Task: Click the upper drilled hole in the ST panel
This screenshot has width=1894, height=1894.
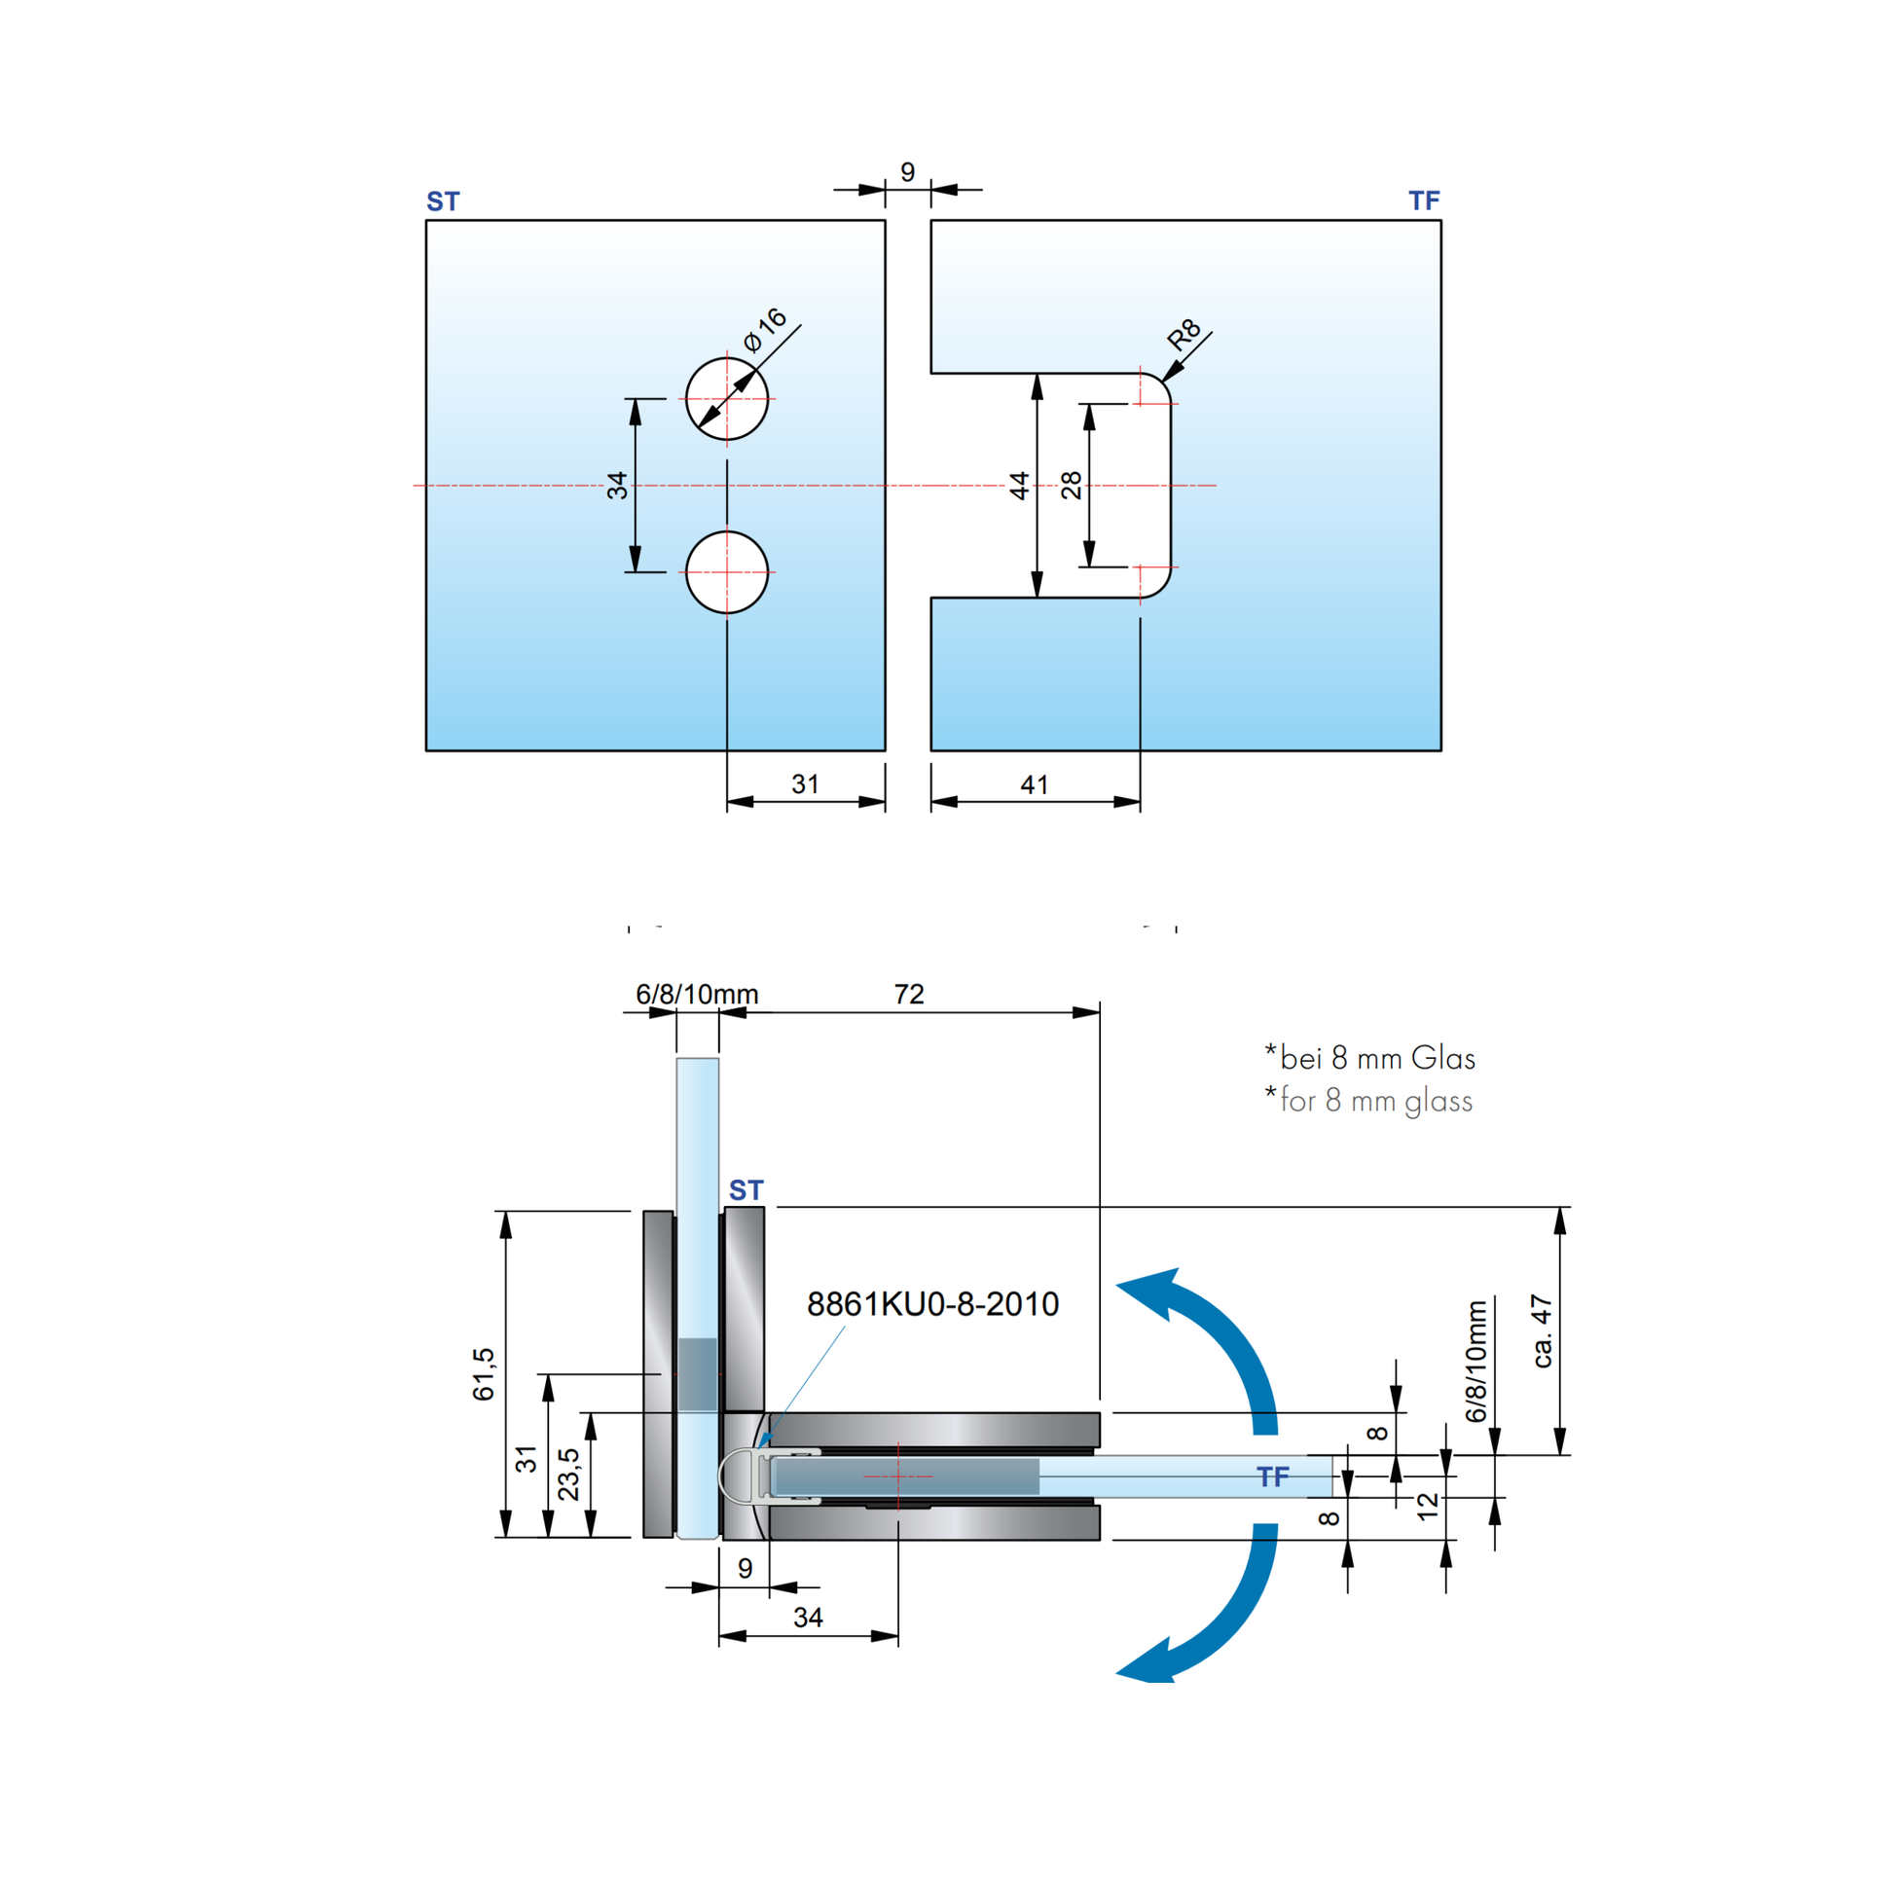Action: [726, 399]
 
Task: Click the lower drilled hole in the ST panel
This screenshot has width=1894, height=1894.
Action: [726, 572]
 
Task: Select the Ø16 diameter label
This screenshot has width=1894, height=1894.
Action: [765, 330]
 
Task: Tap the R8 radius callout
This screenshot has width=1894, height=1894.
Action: [1184, 335]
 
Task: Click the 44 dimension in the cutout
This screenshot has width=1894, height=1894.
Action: [1020, 486]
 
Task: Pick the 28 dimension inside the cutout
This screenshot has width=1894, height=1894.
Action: [1072, 486]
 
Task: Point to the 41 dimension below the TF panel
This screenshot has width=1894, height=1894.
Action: [1035, 784]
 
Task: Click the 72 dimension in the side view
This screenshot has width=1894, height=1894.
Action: [909, 994]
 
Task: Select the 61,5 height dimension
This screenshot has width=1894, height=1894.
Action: [485, 1373]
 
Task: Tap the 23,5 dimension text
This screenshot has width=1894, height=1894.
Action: [568, 1474]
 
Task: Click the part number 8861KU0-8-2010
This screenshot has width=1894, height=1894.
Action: [932, 1304]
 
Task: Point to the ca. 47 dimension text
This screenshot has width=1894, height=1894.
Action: [1542, 1331]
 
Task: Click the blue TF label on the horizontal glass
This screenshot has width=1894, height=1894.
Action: [1272, 1476]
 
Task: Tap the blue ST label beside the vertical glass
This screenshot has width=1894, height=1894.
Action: [747, 1190]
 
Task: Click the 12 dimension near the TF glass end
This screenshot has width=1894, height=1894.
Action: [1428, 1505]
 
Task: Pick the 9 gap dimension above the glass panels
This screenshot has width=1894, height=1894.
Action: [908, 172]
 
